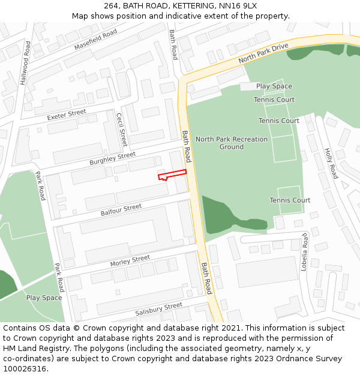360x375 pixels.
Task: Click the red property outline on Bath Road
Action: coord(172,175)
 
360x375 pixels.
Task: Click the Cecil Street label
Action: coord(122,129)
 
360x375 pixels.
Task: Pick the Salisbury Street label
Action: coord(158,309)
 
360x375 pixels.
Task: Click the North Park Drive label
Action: coord(263,53)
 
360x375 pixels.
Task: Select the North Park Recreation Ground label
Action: coord(232,143)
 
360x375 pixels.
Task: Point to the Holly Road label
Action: coord(331,163)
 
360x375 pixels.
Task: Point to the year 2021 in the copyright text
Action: coord(233,328)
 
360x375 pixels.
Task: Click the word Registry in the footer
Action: coord(58,349)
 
